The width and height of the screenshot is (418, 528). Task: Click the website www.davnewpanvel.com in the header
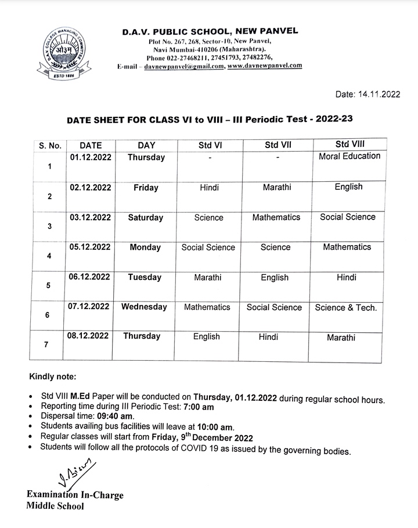point(265,66)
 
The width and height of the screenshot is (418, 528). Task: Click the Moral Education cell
point(349,156)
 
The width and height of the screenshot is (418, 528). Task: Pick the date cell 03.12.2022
point(90,217)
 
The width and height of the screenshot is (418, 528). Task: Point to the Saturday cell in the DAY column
point(146,218)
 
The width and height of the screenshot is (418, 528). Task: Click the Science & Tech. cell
point(345,308)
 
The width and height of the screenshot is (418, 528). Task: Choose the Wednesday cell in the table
point(144,307)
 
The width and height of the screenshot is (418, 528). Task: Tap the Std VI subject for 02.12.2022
point(208,188)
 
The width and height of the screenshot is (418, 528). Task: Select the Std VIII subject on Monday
point(347,247)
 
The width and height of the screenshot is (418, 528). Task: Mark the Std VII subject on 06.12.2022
point(275,278)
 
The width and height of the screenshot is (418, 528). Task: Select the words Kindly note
point(52,377)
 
